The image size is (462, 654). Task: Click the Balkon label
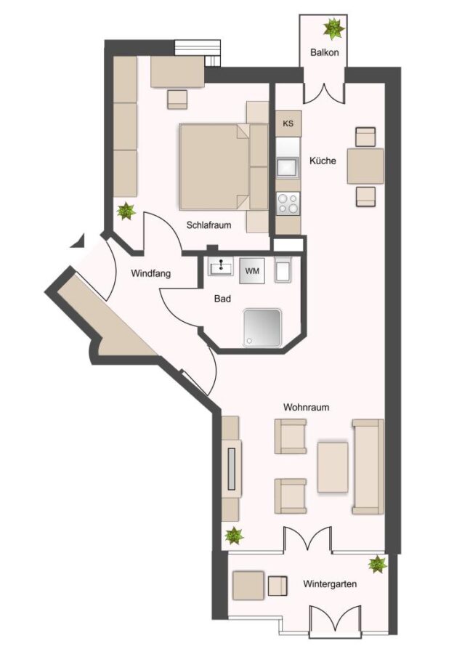325,52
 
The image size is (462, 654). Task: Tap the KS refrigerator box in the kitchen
288,124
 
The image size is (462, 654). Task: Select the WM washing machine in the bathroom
252,271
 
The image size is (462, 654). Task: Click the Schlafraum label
208,225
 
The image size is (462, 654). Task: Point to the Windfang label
151,274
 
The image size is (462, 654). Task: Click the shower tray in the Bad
262,328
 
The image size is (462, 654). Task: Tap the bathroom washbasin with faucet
221,266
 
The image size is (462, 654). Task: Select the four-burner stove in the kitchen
288,204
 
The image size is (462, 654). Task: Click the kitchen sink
288,168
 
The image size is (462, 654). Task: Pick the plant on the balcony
334,28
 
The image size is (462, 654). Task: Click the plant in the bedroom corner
126,211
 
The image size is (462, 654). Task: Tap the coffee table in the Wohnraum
332,467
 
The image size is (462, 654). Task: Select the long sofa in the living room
368,467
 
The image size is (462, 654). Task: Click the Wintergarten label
330,584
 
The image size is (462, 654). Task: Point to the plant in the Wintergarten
378,564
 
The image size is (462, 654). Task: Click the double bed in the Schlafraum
215,166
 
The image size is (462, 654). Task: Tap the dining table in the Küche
365,166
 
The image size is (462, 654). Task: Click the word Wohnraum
306,407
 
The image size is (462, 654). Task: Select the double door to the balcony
325,93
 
